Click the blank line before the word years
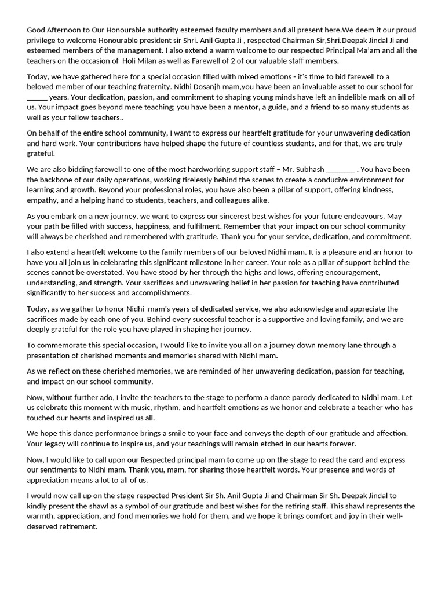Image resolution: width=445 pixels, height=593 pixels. pyautogui.click(x=37, y=97)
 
